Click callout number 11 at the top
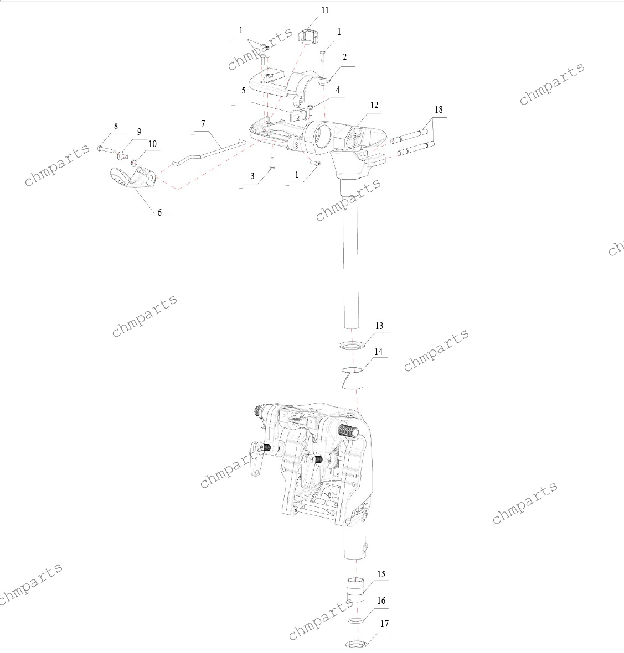[325, 11]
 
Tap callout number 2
[344, 57]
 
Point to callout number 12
[374, 106]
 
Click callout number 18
[439, 109]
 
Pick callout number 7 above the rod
[203, 124]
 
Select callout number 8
[116, 126]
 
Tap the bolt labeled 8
[106, 149]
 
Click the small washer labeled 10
[135, 161]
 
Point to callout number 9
[140, 132]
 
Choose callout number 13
[379, 326]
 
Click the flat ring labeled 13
[351, 345]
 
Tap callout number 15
[381, 574]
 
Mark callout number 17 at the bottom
[384, 624]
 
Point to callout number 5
[244, 90]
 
